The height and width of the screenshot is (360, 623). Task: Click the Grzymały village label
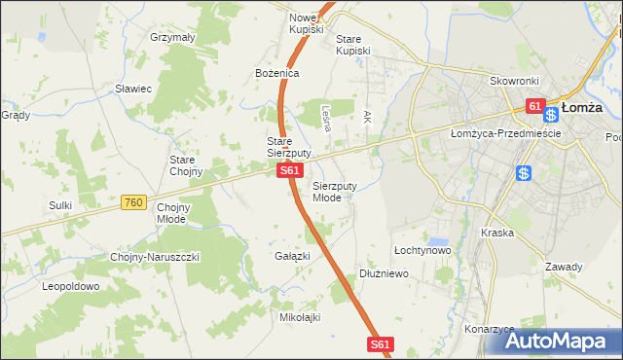[x=173, y=37]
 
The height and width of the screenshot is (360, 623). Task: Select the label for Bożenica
[x=276, y=73]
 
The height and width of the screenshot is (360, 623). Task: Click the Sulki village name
[x=60, y=205]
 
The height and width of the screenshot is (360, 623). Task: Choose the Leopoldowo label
[x=70, y=287]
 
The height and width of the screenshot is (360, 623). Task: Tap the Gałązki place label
[x=292, y=256]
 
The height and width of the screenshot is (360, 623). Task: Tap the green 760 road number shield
[x=134, y=202]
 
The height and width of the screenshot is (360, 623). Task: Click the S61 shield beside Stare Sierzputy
[x=288, y=170]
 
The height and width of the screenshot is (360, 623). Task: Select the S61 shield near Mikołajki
[x=381, y=343]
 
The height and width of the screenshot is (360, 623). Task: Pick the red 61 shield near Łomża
[x=534, y=105]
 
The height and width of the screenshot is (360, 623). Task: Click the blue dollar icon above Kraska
[x=524, y=173]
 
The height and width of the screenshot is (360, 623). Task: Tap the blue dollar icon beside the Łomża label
[x=551, y=115]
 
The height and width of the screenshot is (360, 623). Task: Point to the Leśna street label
[x=326, y=118]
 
